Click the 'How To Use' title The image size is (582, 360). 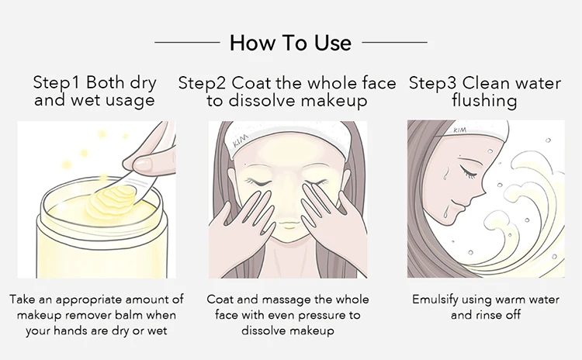(291, 43)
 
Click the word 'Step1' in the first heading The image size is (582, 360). (56, 82)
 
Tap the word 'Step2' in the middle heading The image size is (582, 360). (202, 83)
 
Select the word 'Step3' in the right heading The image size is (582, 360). (432, 83)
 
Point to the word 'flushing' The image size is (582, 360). (484, 101)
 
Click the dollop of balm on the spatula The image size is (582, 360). (111, 199)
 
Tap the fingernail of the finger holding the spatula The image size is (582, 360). (143, 163)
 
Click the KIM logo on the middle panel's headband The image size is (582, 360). (241, 141)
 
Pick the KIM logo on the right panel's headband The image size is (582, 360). (460, 130)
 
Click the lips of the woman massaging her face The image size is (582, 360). (287, 224)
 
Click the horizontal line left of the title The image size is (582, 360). (187, 43)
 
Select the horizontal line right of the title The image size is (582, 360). (394, 43)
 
